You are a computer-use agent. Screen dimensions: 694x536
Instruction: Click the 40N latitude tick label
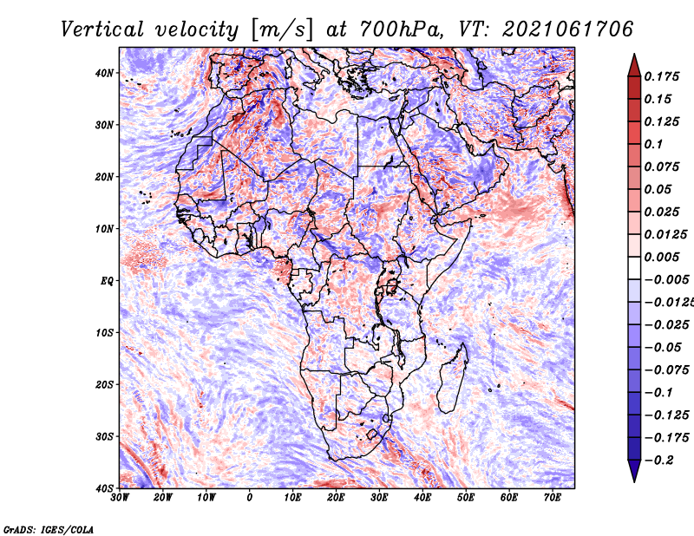[x=104, y=73]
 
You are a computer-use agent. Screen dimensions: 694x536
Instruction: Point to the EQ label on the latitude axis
[x=107, y=281]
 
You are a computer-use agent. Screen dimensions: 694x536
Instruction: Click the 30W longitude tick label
[x=120, y=498]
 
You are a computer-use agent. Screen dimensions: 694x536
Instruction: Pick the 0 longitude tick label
[x=250, y=498]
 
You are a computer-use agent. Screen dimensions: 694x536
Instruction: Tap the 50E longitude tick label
[x=466, y=498]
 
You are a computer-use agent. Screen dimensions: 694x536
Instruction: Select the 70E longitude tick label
[x=552, y=498]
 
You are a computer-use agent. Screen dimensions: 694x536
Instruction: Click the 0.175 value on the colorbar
[x=662, y=76]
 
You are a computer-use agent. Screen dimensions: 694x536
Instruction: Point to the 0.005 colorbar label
[x=662, y=257]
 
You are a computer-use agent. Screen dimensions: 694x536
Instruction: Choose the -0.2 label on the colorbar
[x=659, y=461]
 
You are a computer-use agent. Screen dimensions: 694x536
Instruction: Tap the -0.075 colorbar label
[x=667, y=370]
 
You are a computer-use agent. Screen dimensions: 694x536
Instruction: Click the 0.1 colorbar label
[x=654, y=144]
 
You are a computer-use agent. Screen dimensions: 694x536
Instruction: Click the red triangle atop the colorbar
[x=634, y=66]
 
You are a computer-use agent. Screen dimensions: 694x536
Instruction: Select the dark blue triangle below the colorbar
[x=634, y=471]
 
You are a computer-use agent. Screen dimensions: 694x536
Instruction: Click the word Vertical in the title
[x=102, y=29]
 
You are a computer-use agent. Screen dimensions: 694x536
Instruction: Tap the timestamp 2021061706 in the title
[x=567, y=29]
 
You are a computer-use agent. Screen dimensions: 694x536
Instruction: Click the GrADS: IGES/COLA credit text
[x=49, y=529]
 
